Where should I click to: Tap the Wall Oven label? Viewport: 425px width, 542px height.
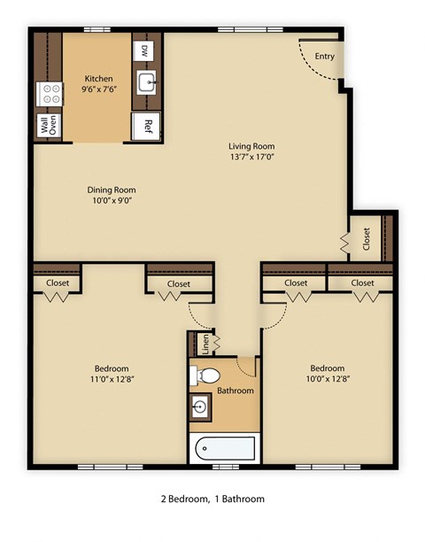(47, 126)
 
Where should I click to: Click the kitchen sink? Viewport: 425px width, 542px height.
(146, 85)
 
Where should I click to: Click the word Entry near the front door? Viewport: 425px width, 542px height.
(324, 56)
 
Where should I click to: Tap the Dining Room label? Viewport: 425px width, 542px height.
(111, 190)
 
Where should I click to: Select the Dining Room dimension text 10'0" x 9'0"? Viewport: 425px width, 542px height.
(111, 201)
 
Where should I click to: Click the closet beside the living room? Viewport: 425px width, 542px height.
(365, 237)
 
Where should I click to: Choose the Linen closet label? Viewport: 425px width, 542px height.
(205, 345)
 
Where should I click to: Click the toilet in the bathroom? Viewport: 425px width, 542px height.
(199, 376)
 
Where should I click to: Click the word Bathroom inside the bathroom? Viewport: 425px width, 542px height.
(236, 391)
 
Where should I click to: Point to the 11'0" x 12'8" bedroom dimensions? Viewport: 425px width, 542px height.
(111, 380)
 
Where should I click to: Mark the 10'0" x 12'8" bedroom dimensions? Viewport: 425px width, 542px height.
(327, 380)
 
